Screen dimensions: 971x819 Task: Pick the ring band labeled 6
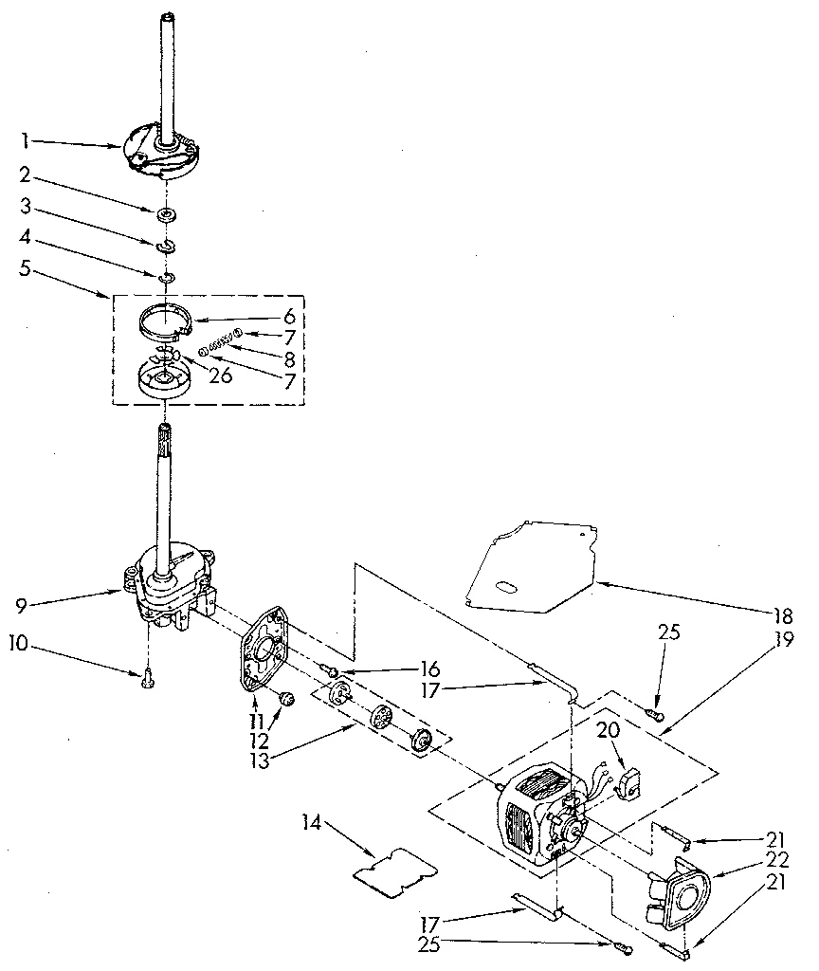pos(164,321)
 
